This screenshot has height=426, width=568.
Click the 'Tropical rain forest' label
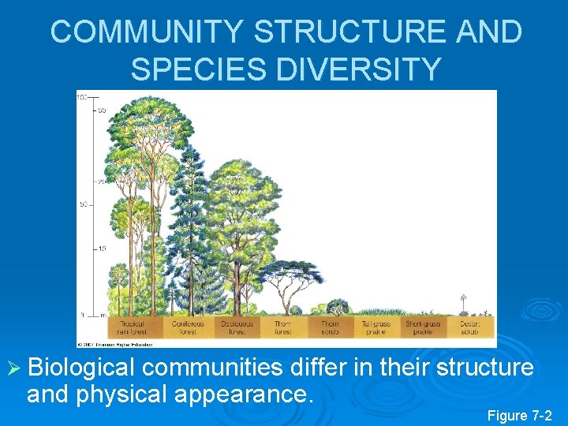pyautogui.click(x=132, y=327)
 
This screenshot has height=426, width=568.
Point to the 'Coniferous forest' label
pyautogui.click(x=188, y=327)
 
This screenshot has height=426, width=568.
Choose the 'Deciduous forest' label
pyautogui.click(x=234, y=327)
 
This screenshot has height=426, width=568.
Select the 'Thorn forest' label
pyautogui.click(x=282, y=327)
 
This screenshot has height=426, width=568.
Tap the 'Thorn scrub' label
pyautogui.click(x=330, y=327)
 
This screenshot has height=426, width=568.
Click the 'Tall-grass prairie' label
pyautogui.click(x=376, y=327)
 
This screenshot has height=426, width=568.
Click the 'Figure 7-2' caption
pyautogui.click(x=519, y=415)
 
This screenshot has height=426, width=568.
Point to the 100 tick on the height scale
pyautogui.click(x=82, y=96)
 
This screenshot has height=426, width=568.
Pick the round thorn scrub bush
pyautogui.click(x=338, y=307)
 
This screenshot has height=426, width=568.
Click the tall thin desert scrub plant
pyautogui.click(x=463, y=304)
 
